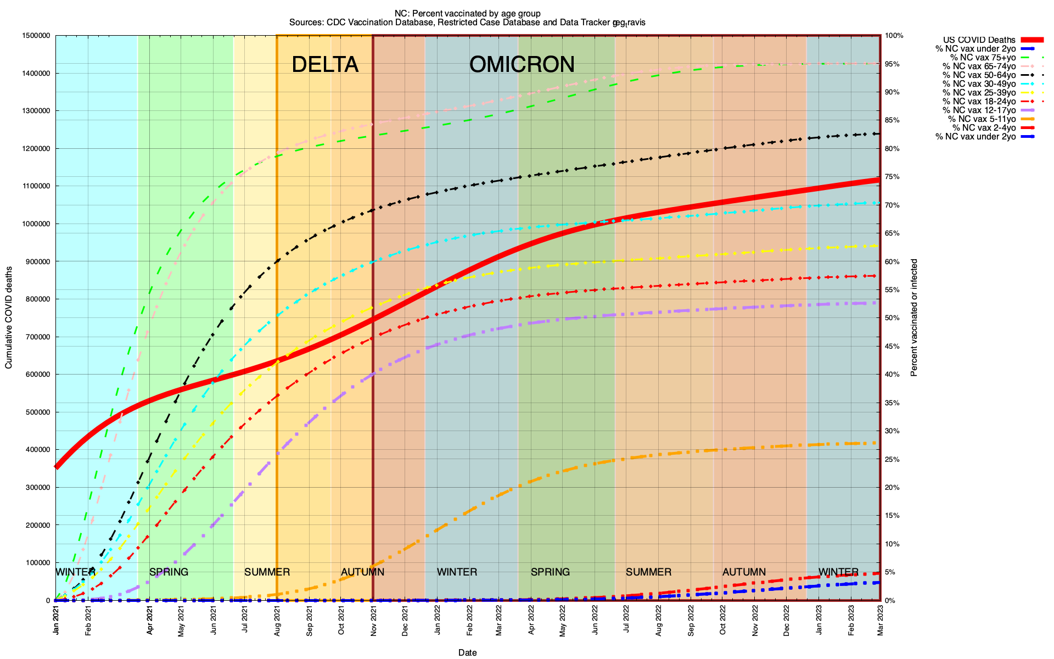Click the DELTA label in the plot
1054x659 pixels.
[x=325, y=65]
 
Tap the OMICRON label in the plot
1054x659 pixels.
[x=522, y=65]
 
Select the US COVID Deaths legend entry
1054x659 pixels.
[x=979, y=40]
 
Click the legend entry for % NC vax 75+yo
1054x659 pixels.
[x=983, y=58]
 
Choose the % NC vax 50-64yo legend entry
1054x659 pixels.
[x=979, y=75]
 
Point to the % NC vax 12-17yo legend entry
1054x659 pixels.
[x=979, y=110]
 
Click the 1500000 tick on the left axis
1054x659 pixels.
[x=36, y=36]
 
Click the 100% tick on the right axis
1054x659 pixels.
[x=894, y=36]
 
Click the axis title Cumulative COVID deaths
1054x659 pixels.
[x=9, y=317]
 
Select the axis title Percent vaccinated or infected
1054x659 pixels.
[x=914, y=317]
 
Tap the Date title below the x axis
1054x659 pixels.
[x=468, y=652]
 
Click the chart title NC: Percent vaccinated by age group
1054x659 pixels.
[x=467, y=13]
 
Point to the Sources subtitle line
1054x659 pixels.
[x=467, y=23]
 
